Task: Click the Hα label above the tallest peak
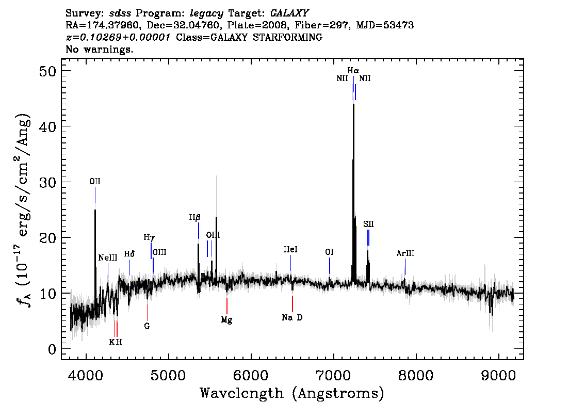(x=353, y=70)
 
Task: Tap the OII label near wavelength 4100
(x=95, y=181)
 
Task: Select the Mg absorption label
(x=226, y=320)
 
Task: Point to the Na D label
(x=292, y=317)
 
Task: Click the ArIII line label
(x=405, y=253)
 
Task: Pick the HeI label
(x=290, y=249)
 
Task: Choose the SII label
(x=368, y=224)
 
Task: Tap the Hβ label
(x=195, y=217)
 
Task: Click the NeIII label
(x=108, y=258)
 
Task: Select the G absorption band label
(x=147, y=326)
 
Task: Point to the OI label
(x=329, y=252)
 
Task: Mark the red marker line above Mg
(x=227, y=306)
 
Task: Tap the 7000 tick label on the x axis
(x=333, y=376)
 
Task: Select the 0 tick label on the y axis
(x=52, y=349)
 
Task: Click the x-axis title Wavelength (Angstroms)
(x=292, y=393)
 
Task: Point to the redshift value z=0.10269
(x=118, y=37)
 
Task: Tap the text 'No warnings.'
(x=99, y=49)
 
